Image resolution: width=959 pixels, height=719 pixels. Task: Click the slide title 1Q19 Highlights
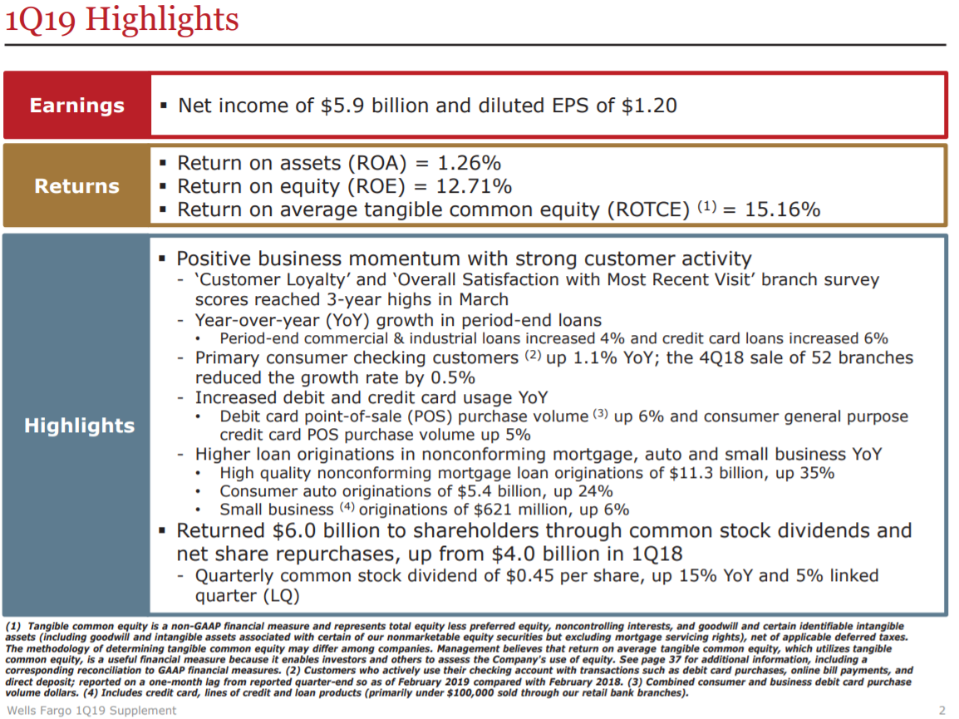[122, 20]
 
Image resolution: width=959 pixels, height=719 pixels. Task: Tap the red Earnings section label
[76, 106]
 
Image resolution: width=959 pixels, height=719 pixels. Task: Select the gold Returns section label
[76, 186]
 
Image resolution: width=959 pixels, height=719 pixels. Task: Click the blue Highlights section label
[79, 426]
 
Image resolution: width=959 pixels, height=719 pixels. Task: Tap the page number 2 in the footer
[942, 710]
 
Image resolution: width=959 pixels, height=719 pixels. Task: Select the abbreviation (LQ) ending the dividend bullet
[283, 596]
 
